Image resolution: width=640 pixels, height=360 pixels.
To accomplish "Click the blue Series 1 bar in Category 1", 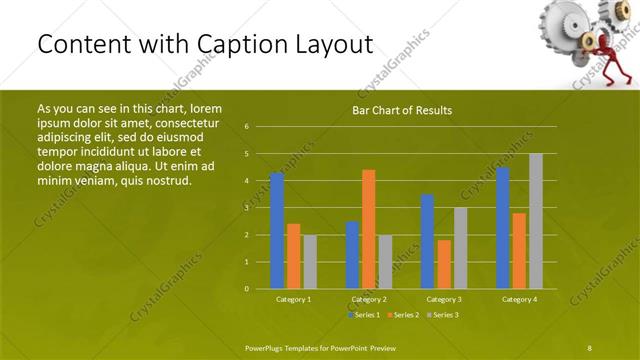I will pyautogui.click(x=277, y=231).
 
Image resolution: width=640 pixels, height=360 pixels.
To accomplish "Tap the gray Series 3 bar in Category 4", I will pyautogui.click(x=536, y=221).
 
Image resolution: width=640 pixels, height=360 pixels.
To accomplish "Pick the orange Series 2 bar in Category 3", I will pyautogui.click(x=444, y=264).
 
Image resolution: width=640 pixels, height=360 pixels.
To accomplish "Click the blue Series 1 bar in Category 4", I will pyautogui.click(x=503, y=228).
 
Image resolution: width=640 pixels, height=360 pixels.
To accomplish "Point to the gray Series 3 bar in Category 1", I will pyautogui.click(x=310, y=262).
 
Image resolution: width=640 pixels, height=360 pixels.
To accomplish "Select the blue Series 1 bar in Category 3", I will pyautogui.click(x=428, y=241).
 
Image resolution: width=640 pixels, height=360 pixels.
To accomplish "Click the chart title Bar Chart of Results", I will pyautogui.click(x=402, y=110).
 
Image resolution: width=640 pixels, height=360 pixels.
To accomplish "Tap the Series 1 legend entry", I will pyautogui.click(x=363, y=315).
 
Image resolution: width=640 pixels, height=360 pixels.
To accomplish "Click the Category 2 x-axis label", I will pyautogui.click(x=369, y=299).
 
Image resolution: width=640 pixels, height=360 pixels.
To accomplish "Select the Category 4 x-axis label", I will pyautogui.click(x=519, y=299).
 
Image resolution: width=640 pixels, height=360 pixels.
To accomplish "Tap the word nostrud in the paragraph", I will pyautogui.click(x=166, y=180).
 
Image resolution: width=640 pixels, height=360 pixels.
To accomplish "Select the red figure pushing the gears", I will pyautogui.click(x=609, y=50).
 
